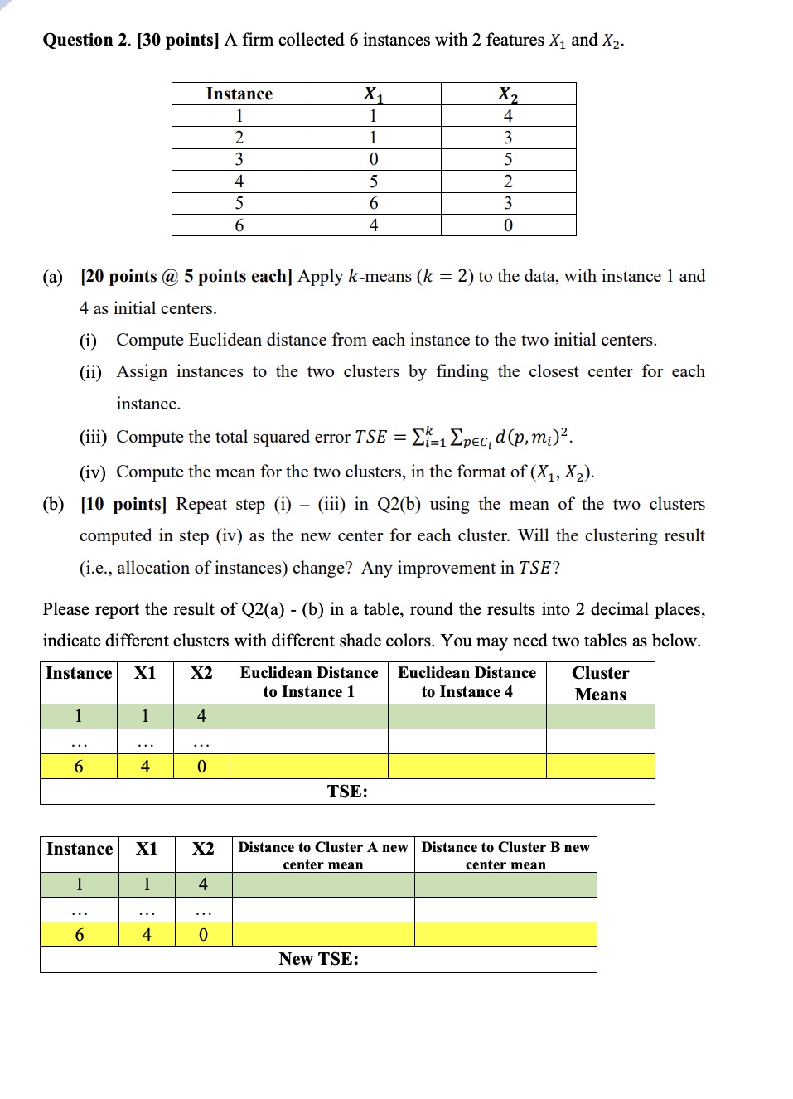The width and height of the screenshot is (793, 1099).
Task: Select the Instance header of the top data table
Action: pyautogui.click(x=239, y=94)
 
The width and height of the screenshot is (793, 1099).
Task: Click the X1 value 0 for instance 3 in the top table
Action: pyautogui.click(x=374, y=159)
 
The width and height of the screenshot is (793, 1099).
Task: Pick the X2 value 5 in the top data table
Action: pyautogui.click(x=508, y=159)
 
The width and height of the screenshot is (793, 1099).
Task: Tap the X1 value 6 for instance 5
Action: pyautogui.click(x=374, y=203)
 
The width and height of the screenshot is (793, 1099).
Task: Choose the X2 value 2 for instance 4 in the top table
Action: pyautogui.click(x=508, y=182)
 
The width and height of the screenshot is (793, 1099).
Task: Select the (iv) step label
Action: pyautogui.click(x=93, y=472)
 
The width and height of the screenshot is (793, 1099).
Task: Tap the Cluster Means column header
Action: pyautogui.click(x=600, y=683)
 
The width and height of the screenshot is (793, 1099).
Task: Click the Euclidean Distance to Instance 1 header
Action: pyautogui.click(x=308, y=682)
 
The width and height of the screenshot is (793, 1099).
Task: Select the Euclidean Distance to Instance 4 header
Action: pyautogui.click(x=467, y=682)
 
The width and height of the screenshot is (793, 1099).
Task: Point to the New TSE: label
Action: pyautogui.click(x=318, y=959)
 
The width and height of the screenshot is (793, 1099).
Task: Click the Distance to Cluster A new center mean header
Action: pyautogui.click(x=323, y=855)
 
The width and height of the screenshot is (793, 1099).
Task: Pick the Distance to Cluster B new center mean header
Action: pyautogui.click(x=505, y=855)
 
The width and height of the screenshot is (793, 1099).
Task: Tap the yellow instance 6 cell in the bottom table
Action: pyautogui.click(x=80, y=935)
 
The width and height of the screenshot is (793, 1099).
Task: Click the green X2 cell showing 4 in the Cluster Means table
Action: pyautogui.click(x=201, y=716)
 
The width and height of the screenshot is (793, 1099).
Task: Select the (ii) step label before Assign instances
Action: pyautogui.click(x=90, y=372)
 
